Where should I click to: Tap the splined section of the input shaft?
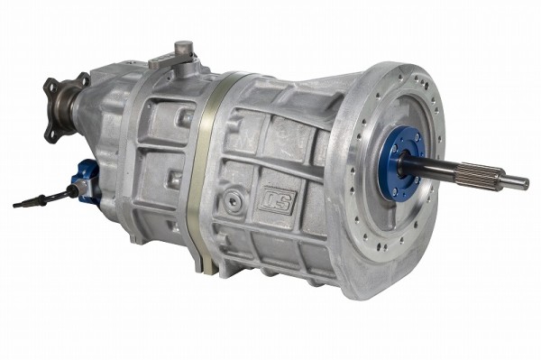tap(477, 173)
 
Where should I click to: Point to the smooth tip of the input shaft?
tap(515, 180)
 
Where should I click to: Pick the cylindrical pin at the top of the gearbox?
tap(184, 48)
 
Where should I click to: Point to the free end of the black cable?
tap(14, 206)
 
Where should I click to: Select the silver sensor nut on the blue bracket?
tap(81, 187)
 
